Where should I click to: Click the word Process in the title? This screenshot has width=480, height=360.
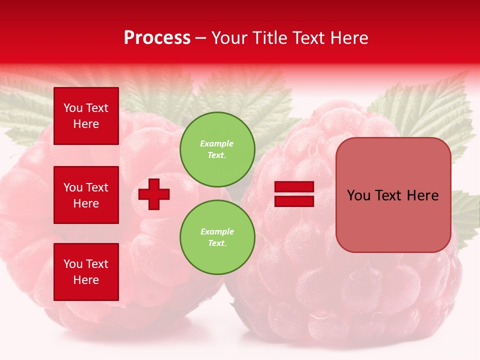pyautogui.click(x=157, y=38)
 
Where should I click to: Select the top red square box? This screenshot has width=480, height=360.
pyautogui.click(x=86, y=116)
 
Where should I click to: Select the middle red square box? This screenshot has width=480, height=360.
pyautogui.click(x=86, y=195)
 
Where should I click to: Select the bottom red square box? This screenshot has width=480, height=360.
pyautogui.click(x=86, y=271)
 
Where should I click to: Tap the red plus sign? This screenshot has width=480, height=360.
pyautogui.click(x=154, y=193)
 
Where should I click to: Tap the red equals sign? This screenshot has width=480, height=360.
pyautogui.click(x=294, y=194)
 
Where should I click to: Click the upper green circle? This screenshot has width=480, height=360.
pyautogui.click(x=217, y=149)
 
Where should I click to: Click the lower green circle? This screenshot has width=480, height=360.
pyautogui.click(x=217, y=237)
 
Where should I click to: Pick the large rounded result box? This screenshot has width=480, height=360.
pyautogui.click(x=393, y=195)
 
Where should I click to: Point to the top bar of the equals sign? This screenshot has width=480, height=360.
pyautogui.click(x=294, y=187)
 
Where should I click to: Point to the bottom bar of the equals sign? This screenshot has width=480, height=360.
pyautogui.click(x=294, y=201)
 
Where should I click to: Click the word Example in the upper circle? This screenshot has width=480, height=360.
pyautogui.click(x=217, y=143)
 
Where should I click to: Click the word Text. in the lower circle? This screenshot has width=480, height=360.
pyautogui.click(x=217, y=243)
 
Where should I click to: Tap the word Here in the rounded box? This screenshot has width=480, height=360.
pyautogui.click(x=422, y=195)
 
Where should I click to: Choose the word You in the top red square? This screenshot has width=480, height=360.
pyautogui.click(x=73, y=108)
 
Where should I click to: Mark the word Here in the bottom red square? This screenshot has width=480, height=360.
pyautogui.click(x=86, y=280)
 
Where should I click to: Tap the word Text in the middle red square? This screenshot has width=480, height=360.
pyautogui.click(x=97, y=187)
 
